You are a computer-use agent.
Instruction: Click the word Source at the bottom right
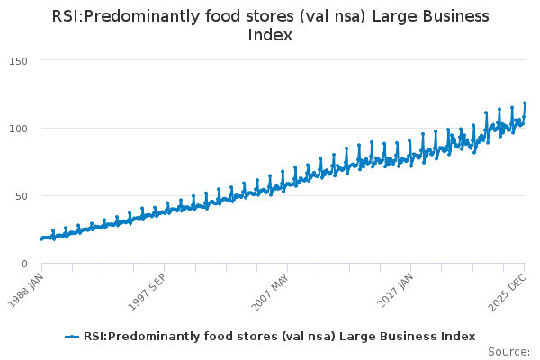(508, 351)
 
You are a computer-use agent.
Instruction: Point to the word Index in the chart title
(270, 36)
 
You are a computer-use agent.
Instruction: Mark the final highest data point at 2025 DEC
(525, 103)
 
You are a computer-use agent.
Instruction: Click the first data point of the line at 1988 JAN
(41, 238)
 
